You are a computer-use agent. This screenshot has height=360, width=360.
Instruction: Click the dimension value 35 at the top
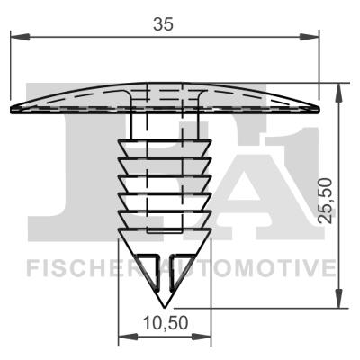[163, 24]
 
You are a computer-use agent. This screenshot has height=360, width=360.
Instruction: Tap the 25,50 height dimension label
[326, 201]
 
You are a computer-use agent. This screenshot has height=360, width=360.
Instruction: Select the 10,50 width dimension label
[166, 323]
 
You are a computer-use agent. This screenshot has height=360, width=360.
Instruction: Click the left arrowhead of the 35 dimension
[20, 37]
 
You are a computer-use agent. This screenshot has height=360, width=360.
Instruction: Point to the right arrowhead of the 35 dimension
[309, 37]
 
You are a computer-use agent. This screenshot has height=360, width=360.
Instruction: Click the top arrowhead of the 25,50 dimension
[339, 93]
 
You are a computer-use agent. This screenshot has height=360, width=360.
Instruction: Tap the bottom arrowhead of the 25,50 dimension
[339, 299]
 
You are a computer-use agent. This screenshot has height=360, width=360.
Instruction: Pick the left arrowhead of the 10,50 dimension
[128, 337]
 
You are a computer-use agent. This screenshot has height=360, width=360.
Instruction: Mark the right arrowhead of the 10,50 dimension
[202, 337]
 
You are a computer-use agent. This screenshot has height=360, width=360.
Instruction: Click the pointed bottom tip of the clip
[165, 308]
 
